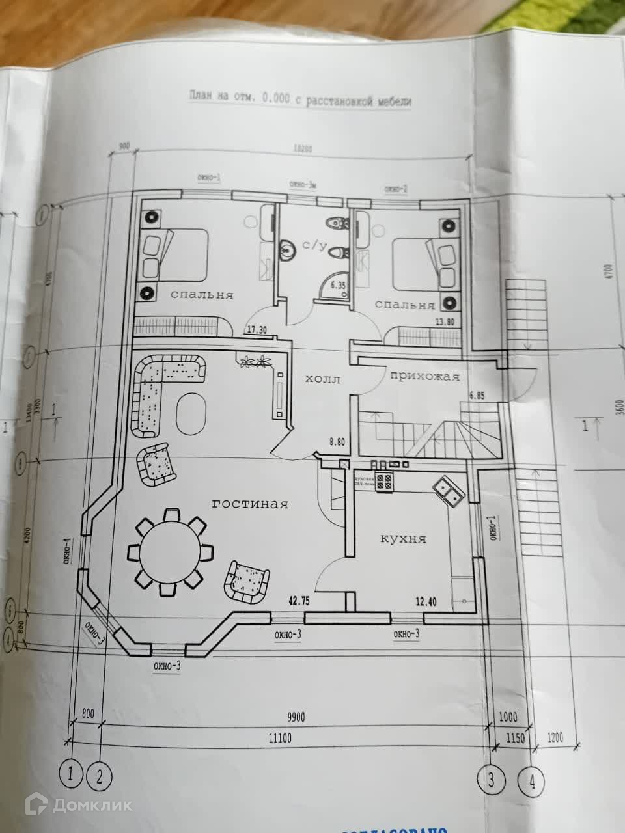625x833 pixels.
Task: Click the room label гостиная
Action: point(250,504)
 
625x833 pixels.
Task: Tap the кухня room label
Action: point(403,539)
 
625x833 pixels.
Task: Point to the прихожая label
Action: point(424,376)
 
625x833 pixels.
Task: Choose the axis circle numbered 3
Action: point(491,778)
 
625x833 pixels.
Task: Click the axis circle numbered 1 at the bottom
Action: point(70,773)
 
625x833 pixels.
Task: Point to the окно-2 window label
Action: point(396,189)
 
